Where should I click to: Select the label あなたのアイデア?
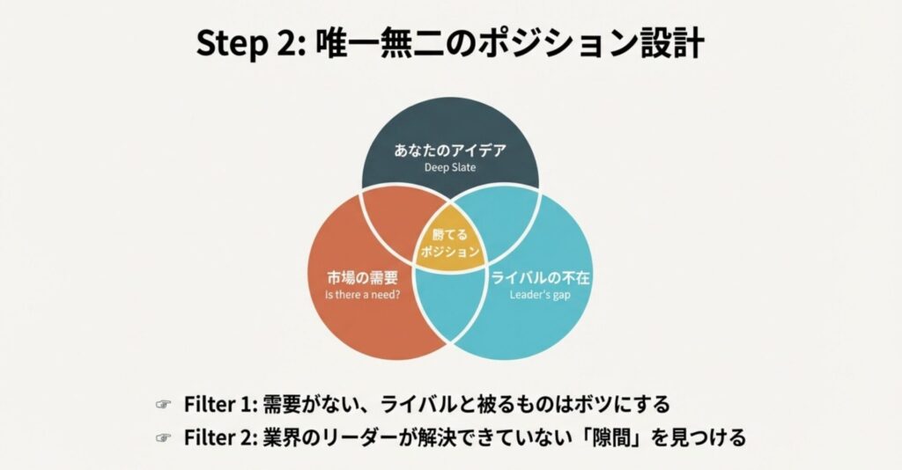coord(450,150)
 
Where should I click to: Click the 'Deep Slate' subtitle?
coord(450,167)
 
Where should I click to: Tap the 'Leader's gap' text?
coord(541,296)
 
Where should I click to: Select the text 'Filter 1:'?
coord(220,404)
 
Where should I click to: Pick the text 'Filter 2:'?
coord(220,437)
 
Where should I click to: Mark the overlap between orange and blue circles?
coord(450,304)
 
